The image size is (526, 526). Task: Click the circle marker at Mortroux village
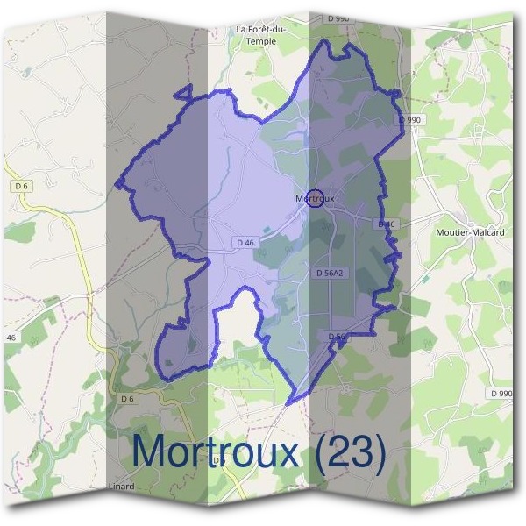click(316, 198)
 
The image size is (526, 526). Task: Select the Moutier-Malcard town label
click(467, 232)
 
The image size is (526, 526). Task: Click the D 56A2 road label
click(330, 273)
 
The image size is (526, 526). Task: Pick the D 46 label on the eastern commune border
click(387, 224)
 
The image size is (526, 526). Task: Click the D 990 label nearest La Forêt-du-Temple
click(338, 18)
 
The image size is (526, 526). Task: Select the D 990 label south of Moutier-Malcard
click(501, 394)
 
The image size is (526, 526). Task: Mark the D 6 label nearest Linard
click(128, 400)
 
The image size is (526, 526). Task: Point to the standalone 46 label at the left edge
click(11, 338)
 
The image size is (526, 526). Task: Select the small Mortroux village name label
click(315, 199)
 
